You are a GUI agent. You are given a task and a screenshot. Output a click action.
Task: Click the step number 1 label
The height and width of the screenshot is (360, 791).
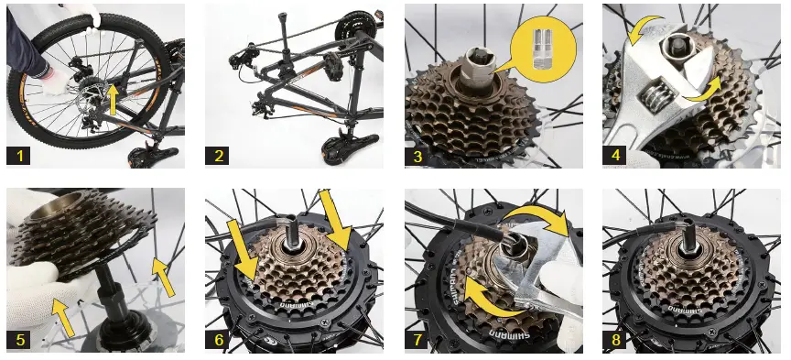click(20, 156)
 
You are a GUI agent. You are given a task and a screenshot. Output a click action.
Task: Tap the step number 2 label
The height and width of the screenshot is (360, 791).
click(218, 156)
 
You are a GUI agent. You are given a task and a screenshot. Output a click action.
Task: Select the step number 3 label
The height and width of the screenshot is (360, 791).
click(418, 156)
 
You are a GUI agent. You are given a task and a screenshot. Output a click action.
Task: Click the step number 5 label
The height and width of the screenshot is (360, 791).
click(20, 340)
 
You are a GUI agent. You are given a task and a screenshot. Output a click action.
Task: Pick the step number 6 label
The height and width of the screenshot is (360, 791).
click(218, 340)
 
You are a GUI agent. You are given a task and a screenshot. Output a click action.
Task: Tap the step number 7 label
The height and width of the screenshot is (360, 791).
click(418, 340)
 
